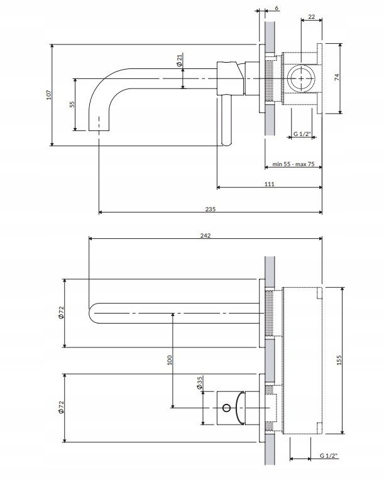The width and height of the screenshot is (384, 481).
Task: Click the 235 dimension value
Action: [211, 209]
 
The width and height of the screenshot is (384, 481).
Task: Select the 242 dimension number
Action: [206, 235]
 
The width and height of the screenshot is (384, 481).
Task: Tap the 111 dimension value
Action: [270, 184]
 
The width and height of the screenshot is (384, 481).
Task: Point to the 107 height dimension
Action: [48, 95]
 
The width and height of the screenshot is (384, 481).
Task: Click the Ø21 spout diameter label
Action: [180, 60]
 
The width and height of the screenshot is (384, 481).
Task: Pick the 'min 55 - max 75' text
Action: [293, 164]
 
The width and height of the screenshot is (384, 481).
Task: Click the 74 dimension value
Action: [337, 77]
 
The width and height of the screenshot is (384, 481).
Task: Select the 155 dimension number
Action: [339, 360]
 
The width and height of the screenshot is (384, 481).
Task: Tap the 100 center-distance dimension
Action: [170, 360]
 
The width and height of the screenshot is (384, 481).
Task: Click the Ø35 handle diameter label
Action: [199, 383]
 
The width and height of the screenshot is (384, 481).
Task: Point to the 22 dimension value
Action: [312, 17]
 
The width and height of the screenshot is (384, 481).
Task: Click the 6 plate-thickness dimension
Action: [277, 8]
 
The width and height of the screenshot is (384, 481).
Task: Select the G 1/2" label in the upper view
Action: [302, 134]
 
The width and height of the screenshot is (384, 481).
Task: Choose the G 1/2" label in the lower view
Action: [329, 455]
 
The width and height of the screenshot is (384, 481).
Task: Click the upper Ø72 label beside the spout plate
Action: [61, 312]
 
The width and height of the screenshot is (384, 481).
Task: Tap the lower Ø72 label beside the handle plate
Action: [61, 407]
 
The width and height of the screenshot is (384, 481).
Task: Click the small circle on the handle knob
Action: [226, 408]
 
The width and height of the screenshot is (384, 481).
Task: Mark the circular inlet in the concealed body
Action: [301, 78]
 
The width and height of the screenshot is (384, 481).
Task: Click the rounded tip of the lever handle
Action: [227, 143]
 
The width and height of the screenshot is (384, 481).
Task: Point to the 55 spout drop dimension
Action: [72, 104]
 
